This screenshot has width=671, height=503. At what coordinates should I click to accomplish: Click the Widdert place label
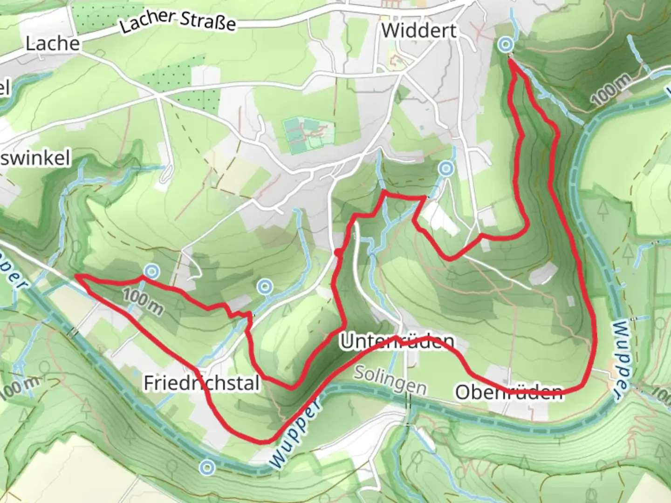pyautogui.click(x=419, y=31)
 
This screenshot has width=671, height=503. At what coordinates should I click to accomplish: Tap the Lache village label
pyautogui.click(x=52, y=44)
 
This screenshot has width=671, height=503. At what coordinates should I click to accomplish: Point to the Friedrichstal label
pyautogui.click(x=201, y=383)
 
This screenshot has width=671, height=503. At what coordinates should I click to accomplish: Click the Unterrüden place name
pyautogui.click(x=397, y=342)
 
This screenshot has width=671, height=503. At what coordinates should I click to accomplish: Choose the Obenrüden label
pyautogui.click(x=509, y=392)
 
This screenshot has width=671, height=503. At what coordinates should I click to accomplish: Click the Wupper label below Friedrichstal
pyautogui.click(x=295, y=432)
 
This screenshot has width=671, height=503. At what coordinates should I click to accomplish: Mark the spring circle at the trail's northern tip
pyautogui.click(x=505, y=45)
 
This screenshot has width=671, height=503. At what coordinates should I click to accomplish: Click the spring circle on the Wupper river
pyautogui.click(x=207, y=467)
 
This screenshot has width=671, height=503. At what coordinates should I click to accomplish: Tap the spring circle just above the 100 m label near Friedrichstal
pyautogui.click(x=151, y=271)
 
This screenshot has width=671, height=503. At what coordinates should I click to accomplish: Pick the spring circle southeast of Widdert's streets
pyautogui.click(x=446, y=169)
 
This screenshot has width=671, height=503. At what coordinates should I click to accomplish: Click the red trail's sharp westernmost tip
pyautogui.click(x=77, y=276)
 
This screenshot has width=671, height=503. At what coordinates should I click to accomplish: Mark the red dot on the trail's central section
pyautogui.click(x=337, y=253)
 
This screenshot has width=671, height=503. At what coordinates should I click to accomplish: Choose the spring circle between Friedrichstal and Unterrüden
pyautogui.click(x=265, y=286)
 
